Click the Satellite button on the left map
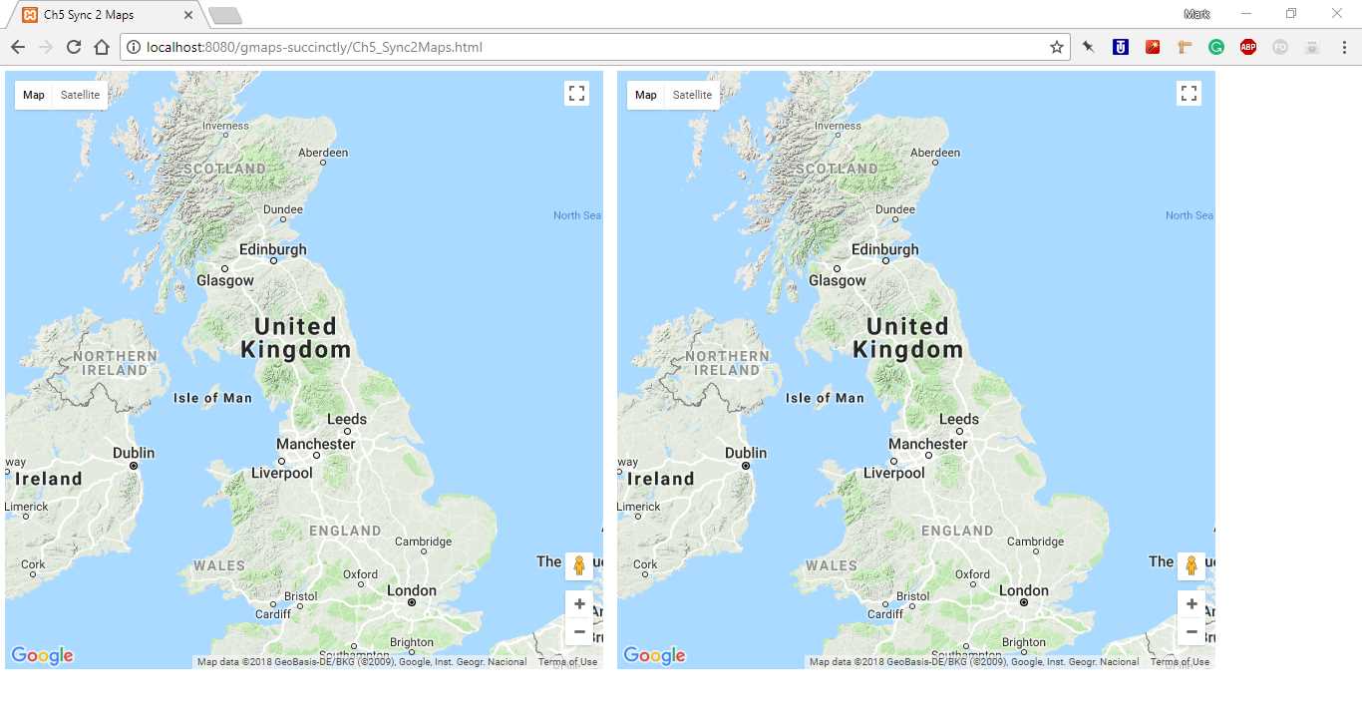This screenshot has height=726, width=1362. [x=80, y=95]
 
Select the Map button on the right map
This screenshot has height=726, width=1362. [x=646, y=95]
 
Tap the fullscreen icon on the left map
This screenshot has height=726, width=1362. [x=576, y=94]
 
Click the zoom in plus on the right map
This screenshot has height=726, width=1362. [x=1191, y=603]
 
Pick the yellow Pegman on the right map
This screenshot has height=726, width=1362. [x=1191, y=565]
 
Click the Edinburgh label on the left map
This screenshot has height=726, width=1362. [x=273, y=249]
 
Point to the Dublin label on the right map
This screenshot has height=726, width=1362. [x=746, y=453]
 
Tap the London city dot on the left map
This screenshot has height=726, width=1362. [x=411, y=602]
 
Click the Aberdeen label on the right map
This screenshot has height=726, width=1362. [x=935, y=153]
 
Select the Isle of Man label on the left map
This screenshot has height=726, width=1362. [x=212, y=398]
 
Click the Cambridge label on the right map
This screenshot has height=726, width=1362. [x=1036, y=542]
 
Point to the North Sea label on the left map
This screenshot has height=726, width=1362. [x=577, y=215]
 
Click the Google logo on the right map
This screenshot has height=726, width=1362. [x=654, y=655]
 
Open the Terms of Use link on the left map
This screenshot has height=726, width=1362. [x=567, y=662]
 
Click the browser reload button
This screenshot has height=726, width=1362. [x=73, y=47]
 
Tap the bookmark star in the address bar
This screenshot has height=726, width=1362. [x=1057, y=47]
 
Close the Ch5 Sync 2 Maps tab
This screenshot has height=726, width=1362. [x=188, y=15]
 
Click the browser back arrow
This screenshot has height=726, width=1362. [x=18, y=47]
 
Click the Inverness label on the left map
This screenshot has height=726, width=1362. [x=225, y=126]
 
